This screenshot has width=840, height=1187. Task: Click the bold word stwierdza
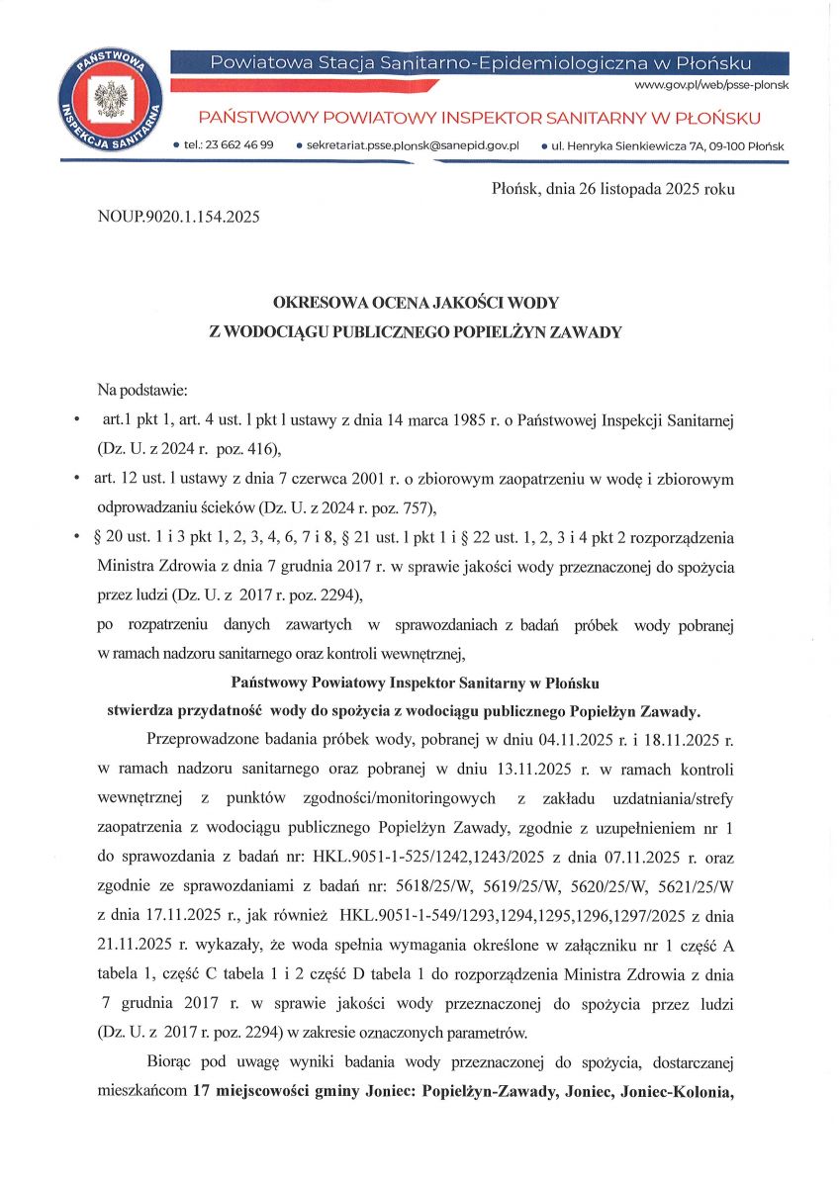pyautogui.click(x=148, y=710)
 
